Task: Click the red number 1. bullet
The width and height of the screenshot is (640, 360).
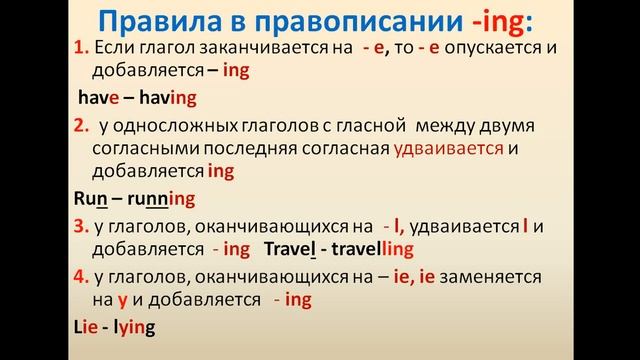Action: [x=82, y=49]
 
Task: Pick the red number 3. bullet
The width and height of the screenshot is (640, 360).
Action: [x=82, y=227]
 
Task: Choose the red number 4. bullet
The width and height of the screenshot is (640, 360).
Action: [x=82, y=275]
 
